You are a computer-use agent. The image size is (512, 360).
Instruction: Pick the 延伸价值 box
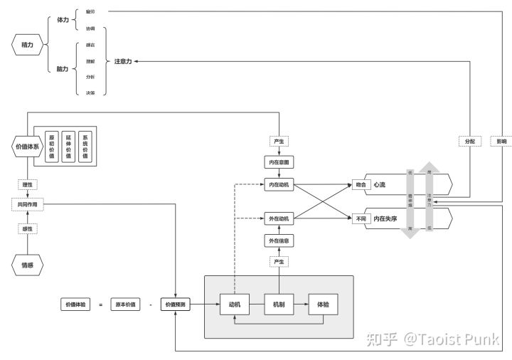[x=69, y=146]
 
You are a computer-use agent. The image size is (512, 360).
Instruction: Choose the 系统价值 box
[x=87, y=146]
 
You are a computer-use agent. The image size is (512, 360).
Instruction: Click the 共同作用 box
[x=28, y=204]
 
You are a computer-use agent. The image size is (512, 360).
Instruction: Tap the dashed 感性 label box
[x=28, y=228]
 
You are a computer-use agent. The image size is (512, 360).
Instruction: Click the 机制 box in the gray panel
[x=279, y=305]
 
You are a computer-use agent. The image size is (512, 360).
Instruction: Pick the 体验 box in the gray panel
[x=323, y=305]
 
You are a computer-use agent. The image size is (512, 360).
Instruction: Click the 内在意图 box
[x=279, y=162]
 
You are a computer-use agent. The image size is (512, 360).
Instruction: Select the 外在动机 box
[x=279, y=218]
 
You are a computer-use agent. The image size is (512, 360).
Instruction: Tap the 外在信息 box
[x=279, y=241]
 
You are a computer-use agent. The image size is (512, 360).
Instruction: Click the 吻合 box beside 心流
[x=361, y=185]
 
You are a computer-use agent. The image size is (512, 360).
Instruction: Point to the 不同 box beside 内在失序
[x=361, y=218]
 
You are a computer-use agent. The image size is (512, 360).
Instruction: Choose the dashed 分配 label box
[x=469, y=141]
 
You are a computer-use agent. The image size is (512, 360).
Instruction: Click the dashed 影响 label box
[x=501, y=141]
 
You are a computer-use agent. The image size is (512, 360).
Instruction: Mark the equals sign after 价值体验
[x=101, y=305]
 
